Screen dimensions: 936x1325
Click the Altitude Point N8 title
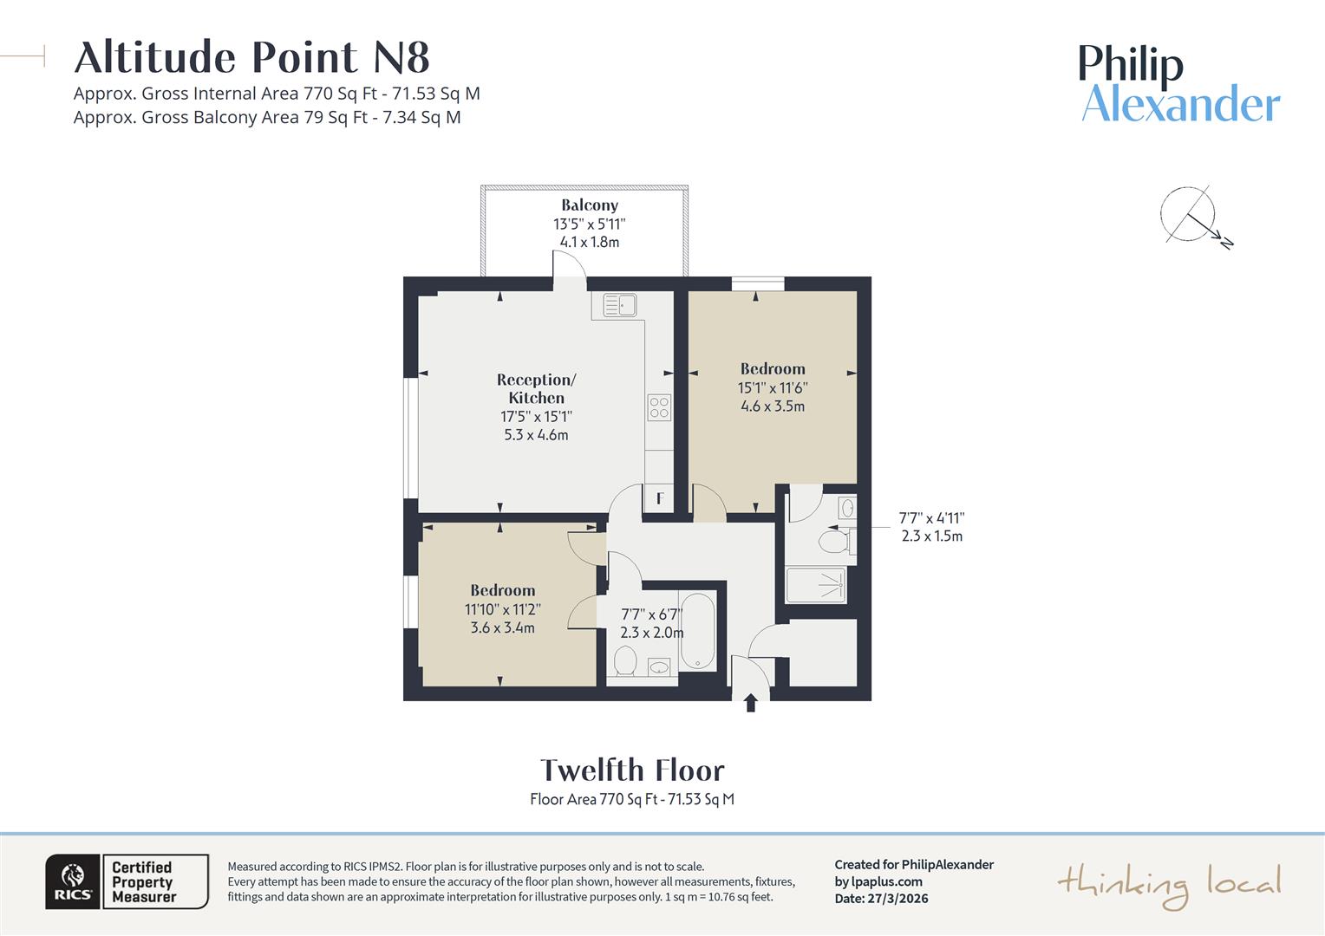(251, 58)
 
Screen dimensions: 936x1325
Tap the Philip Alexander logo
(1179, 84)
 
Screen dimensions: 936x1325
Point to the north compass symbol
(1191, 215)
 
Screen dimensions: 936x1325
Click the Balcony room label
(590, 205)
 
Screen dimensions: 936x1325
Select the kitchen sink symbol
(620, 305)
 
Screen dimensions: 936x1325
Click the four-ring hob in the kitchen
(659, 407)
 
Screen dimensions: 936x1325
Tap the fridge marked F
(659, 498)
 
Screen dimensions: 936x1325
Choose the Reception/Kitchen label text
(536, 388)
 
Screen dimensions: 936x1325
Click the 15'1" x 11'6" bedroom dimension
(773, 387)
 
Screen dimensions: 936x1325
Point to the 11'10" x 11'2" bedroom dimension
(503, 609)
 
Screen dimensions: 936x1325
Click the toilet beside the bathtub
(625, 663)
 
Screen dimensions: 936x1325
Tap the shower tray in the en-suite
(815, 585)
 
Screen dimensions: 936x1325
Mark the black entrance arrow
(751, 703)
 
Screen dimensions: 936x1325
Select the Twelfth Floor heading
(632, 770)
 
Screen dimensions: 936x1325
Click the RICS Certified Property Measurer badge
(127, 881)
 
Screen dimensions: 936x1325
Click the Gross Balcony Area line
(267, 117)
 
